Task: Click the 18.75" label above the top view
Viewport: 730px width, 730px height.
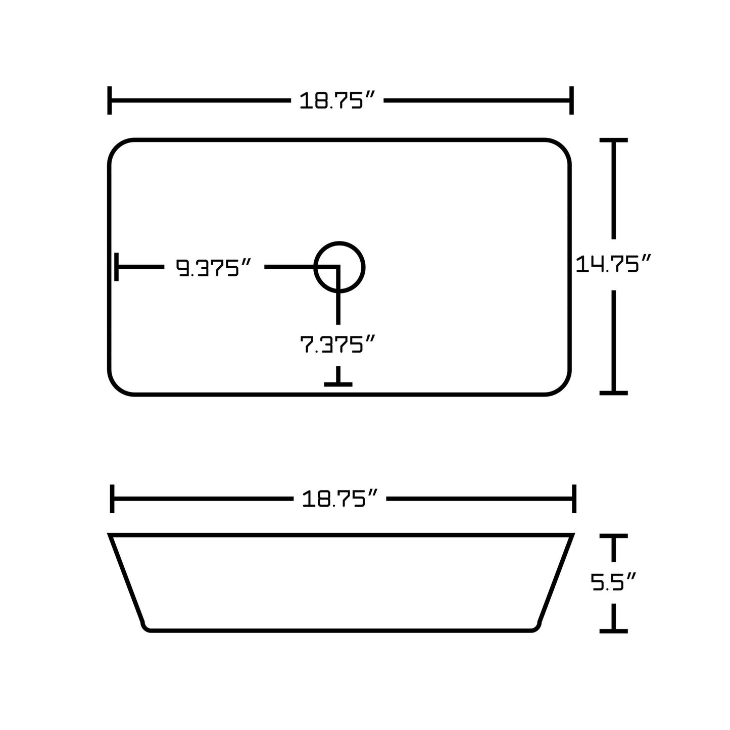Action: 337,101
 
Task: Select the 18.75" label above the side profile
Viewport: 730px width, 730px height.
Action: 339,499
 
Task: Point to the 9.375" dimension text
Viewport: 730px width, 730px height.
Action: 214,268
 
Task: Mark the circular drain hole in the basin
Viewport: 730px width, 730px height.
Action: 339,267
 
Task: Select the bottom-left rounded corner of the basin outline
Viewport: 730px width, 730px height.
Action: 117,386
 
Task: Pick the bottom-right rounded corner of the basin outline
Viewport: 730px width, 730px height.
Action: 562,386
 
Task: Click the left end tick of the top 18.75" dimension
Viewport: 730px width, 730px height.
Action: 110,101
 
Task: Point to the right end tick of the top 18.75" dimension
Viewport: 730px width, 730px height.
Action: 571,101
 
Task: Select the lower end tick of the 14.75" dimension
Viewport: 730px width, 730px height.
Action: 613,393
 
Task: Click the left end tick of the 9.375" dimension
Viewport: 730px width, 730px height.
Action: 117,267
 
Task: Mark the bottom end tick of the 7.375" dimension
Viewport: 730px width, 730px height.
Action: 338,384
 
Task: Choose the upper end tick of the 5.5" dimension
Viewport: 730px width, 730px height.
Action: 613,536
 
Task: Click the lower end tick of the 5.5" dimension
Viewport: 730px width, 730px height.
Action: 613,630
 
